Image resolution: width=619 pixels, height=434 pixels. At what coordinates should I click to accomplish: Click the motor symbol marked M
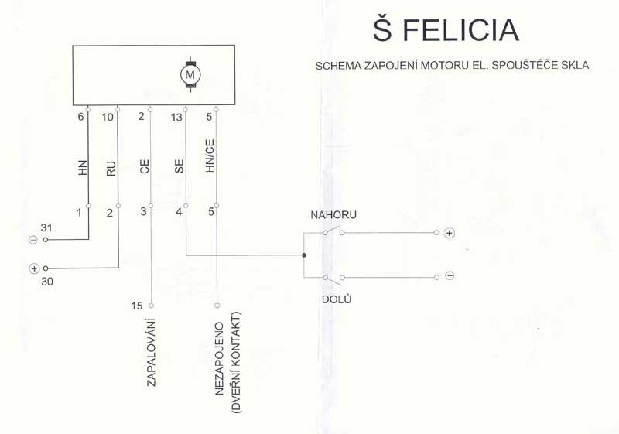coord(190,74)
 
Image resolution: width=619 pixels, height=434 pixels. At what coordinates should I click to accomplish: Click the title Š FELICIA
coord(446,30)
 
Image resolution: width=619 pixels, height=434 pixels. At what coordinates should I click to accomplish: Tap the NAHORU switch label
coord(333,215)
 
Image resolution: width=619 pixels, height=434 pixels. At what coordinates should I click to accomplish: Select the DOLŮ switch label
coord(337,299)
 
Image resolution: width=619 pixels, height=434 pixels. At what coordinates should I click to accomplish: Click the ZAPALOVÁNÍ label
coord(151,352)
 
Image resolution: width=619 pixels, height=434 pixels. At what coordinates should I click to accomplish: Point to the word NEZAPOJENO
coord(220,359)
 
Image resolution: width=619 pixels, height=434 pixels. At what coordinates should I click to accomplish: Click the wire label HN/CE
coord(210,155)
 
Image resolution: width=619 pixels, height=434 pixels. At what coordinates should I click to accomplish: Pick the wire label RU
coord(111,169)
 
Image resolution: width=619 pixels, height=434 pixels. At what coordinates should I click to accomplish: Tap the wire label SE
coord(180,166)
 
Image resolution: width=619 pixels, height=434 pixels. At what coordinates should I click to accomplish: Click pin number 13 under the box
coord(177,117)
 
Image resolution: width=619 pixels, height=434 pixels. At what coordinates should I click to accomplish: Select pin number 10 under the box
coord(108,117)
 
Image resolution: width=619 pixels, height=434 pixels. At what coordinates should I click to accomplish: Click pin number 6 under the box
coord(81,117)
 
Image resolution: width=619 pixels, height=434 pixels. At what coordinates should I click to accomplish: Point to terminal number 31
coord(46,227)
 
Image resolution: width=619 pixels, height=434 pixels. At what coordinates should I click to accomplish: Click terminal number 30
coord(47,282)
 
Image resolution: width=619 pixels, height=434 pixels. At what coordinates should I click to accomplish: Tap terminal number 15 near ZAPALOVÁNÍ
coord(137,306)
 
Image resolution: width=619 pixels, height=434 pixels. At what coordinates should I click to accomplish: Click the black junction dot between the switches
coord(304,255)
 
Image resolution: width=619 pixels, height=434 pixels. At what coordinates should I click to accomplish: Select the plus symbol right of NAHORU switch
coord(449,233)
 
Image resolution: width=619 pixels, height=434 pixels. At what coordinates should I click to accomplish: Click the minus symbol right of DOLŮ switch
coord(450,275)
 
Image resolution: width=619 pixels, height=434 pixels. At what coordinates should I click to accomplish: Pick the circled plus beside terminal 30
coord(34,268)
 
